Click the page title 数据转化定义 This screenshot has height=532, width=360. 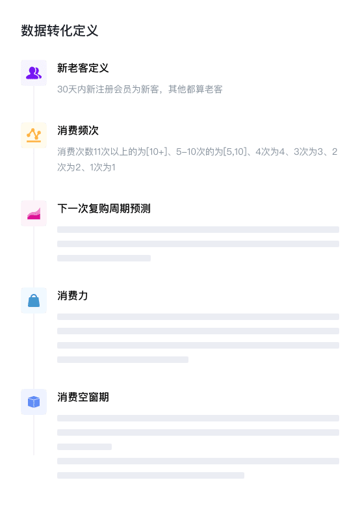click(x=60, y=31)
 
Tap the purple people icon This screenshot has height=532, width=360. click(x=34, y=73)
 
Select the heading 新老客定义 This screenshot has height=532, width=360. click(x=83, y=68)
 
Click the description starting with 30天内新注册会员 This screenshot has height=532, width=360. click(x=140, y=89)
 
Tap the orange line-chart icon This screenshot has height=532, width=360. click(x=34, y=135)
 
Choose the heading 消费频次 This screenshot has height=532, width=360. click(x=78, y=130)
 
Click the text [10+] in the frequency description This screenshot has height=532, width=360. click(x=156, y=152)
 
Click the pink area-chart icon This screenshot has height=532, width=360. click(x=34, y=213)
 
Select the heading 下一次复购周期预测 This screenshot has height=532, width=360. click(x=104, y=208)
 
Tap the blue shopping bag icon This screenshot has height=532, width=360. click(x=34, y=300)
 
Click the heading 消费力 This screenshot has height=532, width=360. click(x=73, y=295)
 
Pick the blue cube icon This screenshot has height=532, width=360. click(x=34, y=402)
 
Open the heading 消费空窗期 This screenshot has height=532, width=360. click(x=83, y=397)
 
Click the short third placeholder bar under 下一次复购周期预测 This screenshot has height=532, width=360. click(x=104, y=258)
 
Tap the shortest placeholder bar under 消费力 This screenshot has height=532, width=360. click(x=123, y=360)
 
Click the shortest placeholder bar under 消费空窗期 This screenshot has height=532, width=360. click(x=84, y=447)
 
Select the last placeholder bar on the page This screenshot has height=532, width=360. click(x=151, y=475)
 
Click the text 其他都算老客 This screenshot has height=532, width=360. click(x=195, y=89)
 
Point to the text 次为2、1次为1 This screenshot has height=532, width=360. click(x=86, y=167)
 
